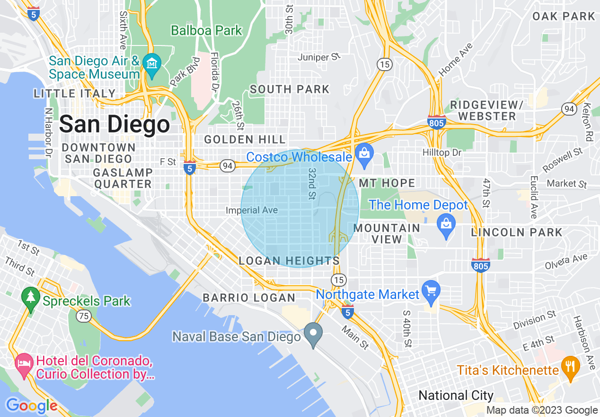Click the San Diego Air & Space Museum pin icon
152,62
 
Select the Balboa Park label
206,31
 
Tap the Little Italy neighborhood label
74,93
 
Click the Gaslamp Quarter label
123,178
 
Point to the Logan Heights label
289,261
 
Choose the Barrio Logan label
249,298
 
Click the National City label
456,395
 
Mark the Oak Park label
563,16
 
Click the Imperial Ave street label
252,210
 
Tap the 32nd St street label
312,182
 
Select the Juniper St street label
319,57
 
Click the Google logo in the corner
32,406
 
